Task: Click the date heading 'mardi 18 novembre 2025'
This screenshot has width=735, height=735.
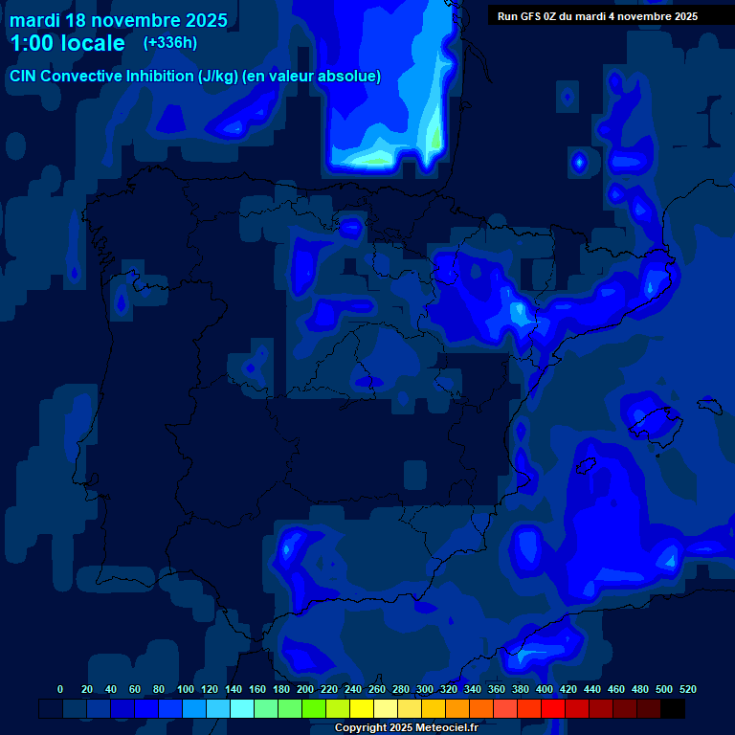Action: click(x=118, y=20)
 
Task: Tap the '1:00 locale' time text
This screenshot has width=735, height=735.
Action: click(x=67, y=43)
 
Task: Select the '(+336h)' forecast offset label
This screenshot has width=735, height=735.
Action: click(x=170, y=43)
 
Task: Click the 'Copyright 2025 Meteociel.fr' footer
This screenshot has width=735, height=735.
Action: click(x=406, y=727)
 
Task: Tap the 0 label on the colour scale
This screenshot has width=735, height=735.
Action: click(x=60, y=689)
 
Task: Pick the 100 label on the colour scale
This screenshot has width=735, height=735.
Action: click(x=186, y=689)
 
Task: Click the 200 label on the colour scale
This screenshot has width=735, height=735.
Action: click(x=305, y=689)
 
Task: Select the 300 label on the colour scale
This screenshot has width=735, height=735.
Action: click(x=425, y=689)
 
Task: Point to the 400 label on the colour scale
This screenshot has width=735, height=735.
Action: click(x=545, y=689)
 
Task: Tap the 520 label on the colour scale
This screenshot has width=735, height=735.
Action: click(x=687, y=689)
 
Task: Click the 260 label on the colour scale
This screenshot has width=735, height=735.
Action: click(x=377, y=689)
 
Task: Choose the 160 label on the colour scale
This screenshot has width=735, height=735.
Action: click(x=257, y=689)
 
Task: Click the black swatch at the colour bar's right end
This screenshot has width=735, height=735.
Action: click(x=673, y=709)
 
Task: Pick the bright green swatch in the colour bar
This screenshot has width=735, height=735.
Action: click(x=314, y=709)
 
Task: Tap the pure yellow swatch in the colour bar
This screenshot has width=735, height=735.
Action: click(x=362, y=709)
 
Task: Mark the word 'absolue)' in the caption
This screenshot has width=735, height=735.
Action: click(x=352, y=76)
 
